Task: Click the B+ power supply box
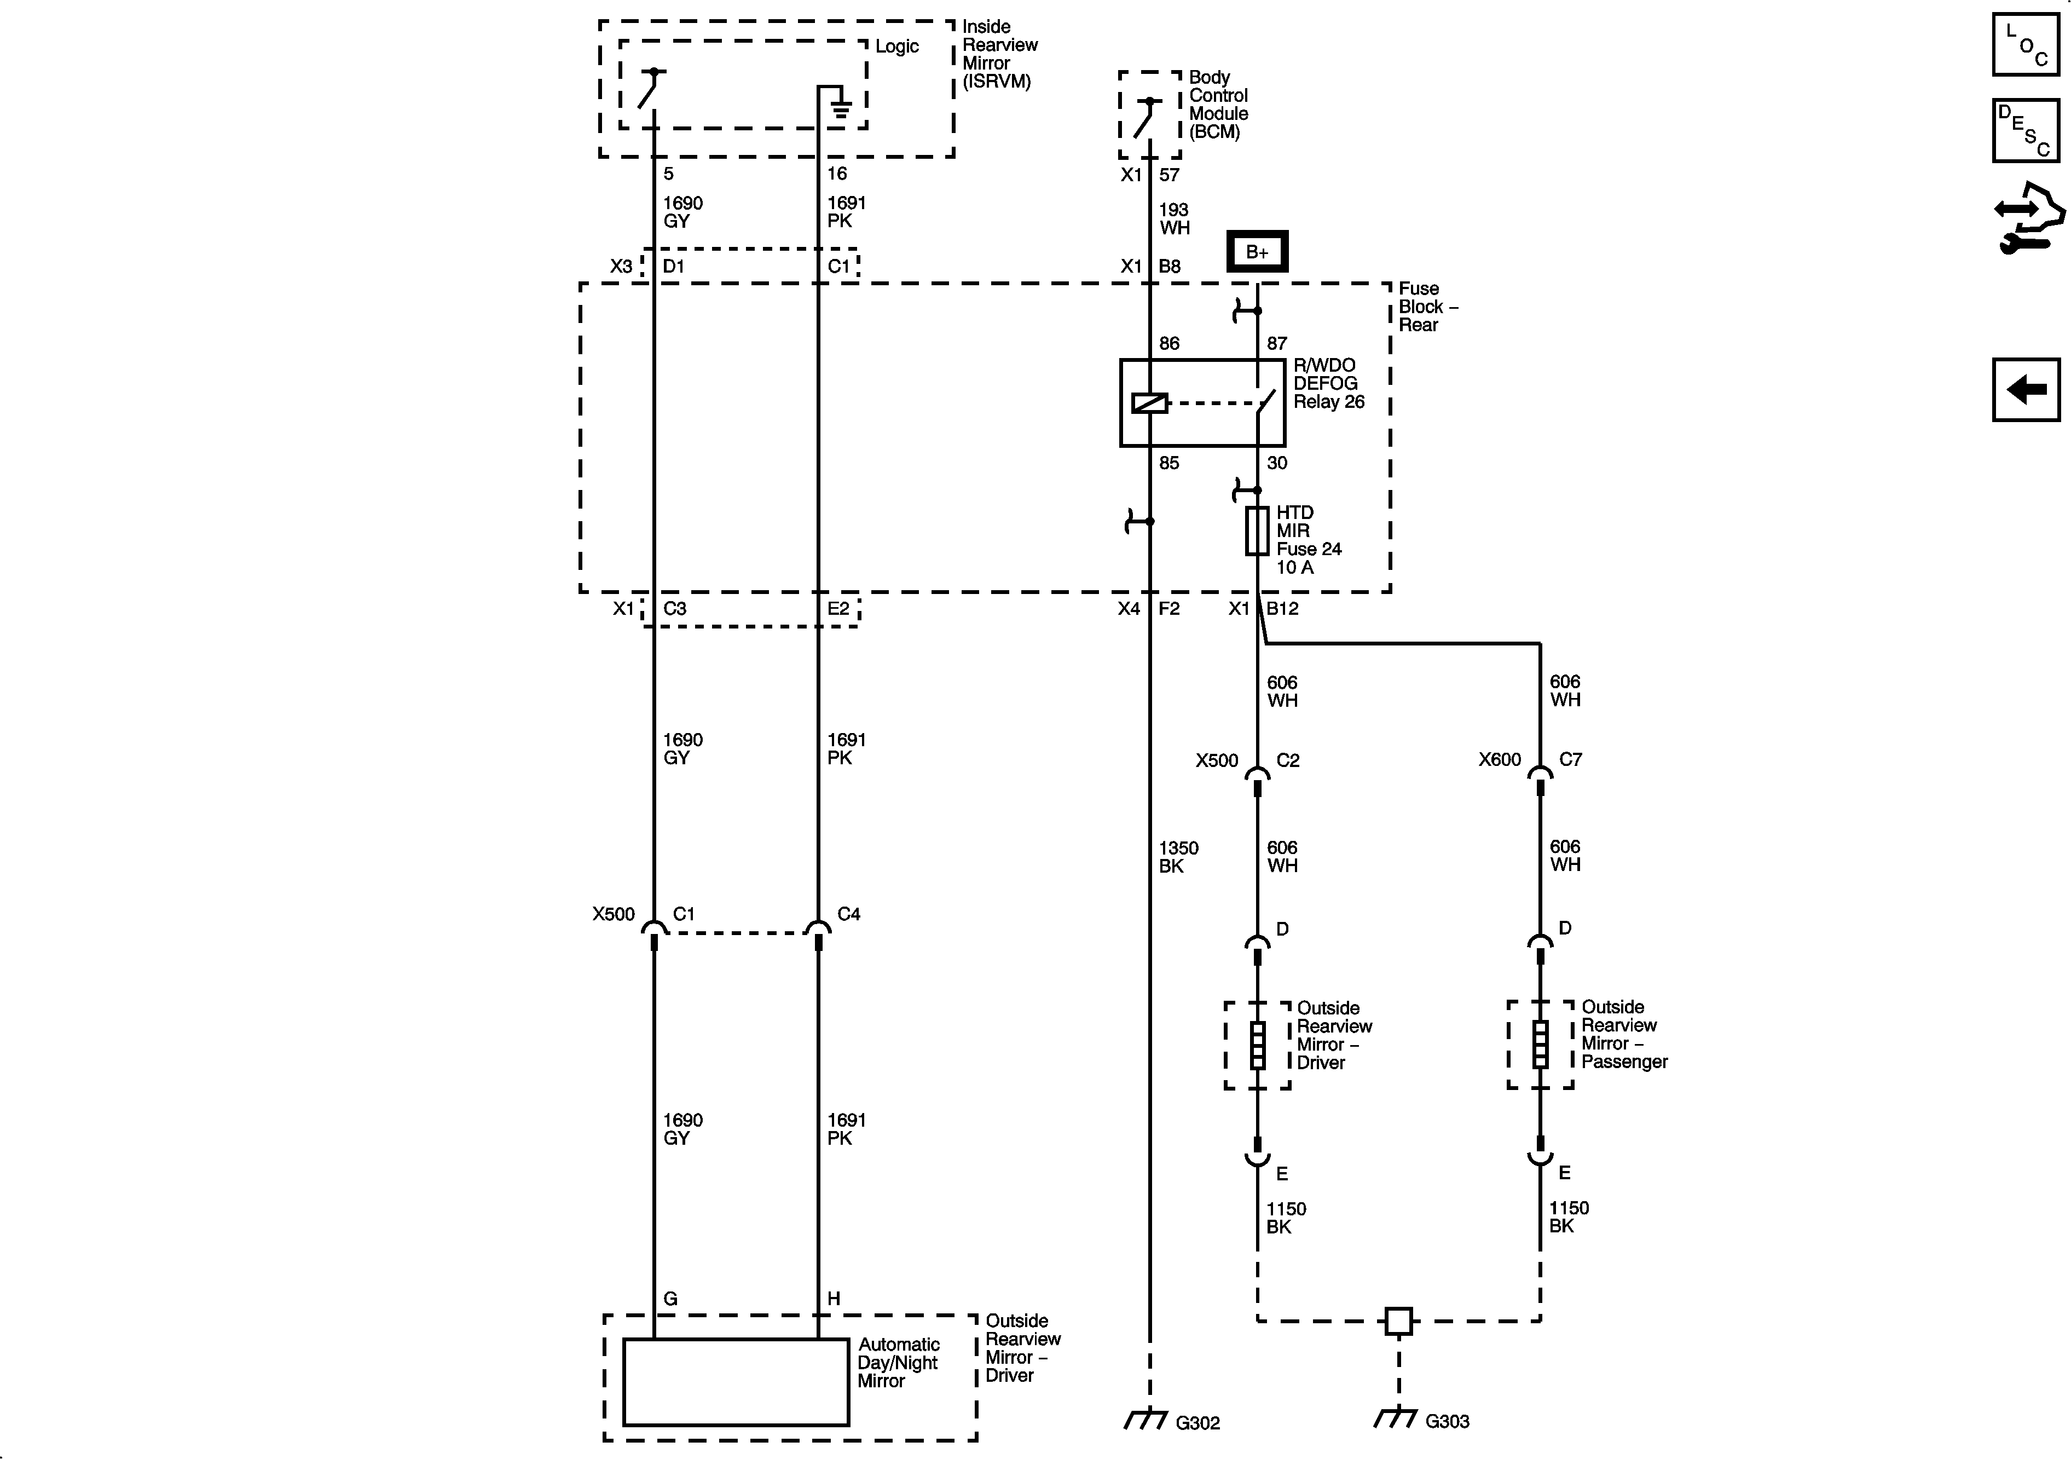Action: [1257, 252]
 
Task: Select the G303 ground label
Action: [1447, 1422]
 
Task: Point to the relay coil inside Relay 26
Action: [1149, 403]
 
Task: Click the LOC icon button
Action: [2025, 44]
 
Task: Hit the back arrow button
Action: [2025, 390]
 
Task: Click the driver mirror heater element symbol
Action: [1257, 1045]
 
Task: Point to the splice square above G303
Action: [1398, 1321]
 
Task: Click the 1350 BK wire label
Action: [1178, 857]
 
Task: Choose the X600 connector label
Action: [1499, 760]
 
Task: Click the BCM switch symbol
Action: [1147, 117]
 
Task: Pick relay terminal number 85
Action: [1169, 463]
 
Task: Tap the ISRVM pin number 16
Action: [837, 173]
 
